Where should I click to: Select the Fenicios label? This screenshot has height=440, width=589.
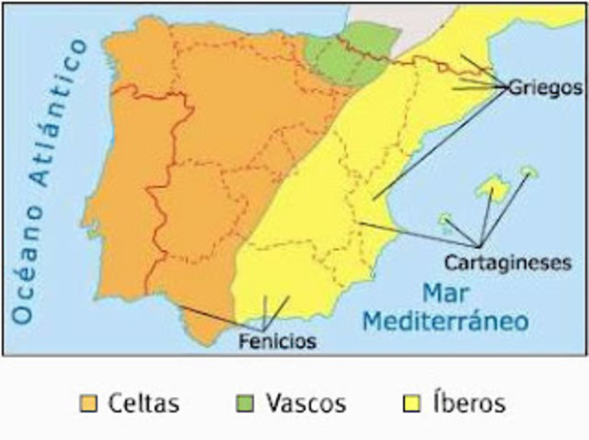[276, 342]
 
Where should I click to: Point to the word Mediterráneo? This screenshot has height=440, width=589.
[445, 321]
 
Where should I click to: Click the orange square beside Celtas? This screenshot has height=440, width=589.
[88, 404]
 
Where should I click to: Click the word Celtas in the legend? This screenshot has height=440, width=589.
[143, 403]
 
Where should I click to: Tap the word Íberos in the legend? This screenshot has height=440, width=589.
[468, 403]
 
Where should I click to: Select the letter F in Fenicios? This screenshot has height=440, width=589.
[241, 342]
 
